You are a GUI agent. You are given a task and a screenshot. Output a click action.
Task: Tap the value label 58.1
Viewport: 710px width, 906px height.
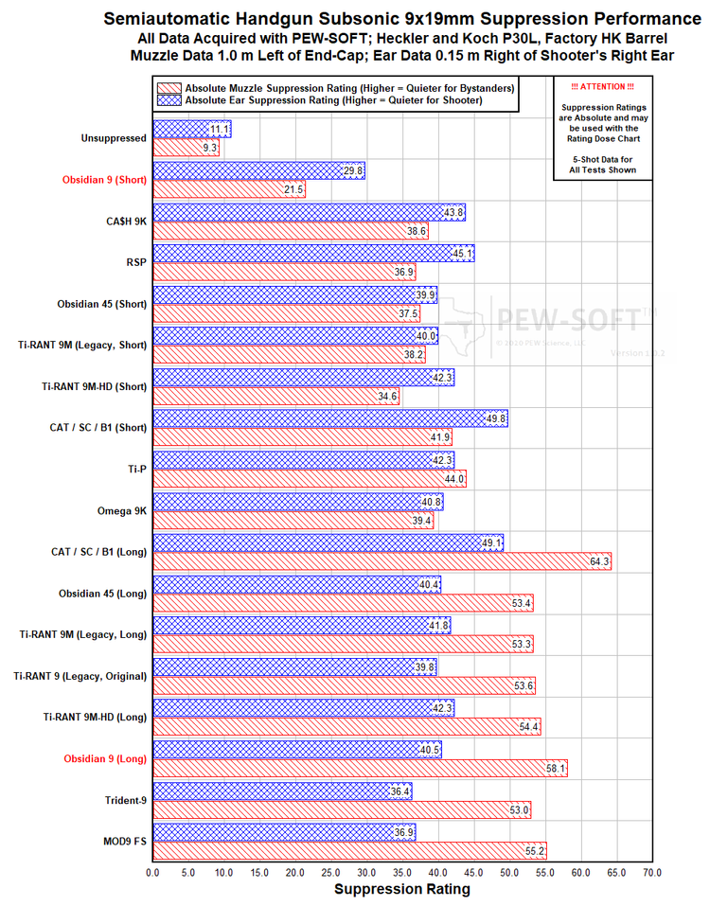click(x=556, y=769)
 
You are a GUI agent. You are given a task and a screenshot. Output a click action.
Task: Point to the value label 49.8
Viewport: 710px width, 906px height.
click(x=496, y=417)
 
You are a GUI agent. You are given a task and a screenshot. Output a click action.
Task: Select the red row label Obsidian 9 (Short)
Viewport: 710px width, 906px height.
click(x=104, y=179)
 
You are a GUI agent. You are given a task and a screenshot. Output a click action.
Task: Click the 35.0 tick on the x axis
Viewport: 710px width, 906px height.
click(x=402, y=872)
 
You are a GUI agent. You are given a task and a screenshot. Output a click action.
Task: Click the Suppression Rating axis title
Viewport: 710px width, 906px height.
click(x=402, y=889)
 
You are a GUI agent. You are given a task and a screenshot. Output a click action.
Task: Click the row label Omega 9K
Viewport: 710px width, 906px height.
click(x=120, y=510)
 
